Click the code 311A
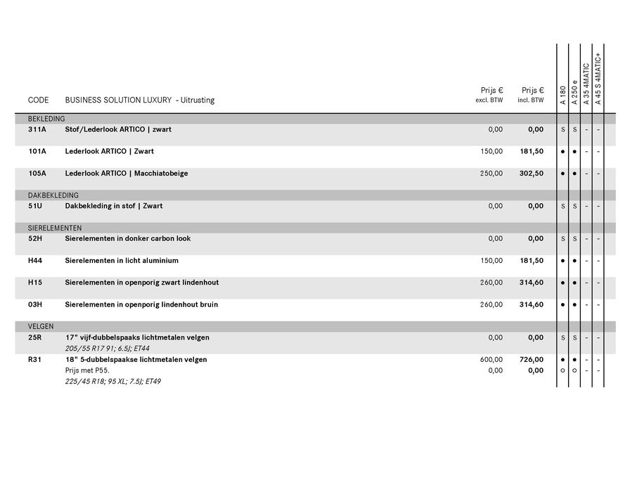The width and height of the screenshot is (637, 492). pyautogui.click(x=37, y=129)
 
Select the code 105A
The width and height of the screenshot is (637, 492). pyautogui.click(x=37, y=173)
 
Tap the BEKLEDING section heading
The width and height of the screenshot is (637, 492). pyautogui.click(x=46, y=119)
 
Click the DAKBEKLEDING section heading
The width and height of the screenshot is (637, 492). pyautogui.click(x=53, y=195)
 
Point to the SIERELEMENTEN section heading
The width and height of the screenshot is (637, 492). pyautogui.click(x=55, y=228)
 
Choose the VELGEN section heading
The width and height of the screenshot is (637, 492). pyautogui.click(x=41, y=327)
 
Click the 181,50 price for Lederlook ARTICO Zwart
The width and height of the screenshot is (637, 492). pyautogui.click(x=532, y=151)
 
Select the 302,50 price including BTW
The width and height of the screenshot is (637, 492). pyautogui.click(x=532, y=173)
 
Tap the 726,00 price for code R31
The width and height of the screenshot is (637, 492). pyautogui.click(x=532, y=359)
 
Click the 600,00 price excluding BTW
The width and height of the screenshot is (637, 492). pyautogui.click(x=491, y=359)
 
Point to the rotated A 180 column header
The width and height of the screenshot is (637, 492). pyautogui.click(x=563, y=96)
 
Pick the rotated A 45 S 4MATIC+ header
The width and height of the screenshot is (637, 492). pyautogui.click(x=598, y=78)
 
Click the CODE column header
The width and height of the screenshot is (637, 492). pyautogui.click(x=38, y=100)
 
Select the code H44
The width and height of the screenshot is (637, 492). pyautogui.click(x=35, y=261)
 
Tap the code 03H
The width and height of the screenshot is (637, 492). pyautogui.click(x=35, y=304)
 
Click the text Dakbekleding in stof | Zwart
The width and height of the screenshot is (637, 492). pyautogui.click(x=113, y=206)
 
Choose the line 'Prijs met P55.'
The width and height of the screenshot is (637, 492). pyautogui.click(x=87, y=370)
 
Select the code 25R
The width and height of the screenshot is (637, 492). pyautogui.click(x=35, y=337)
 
